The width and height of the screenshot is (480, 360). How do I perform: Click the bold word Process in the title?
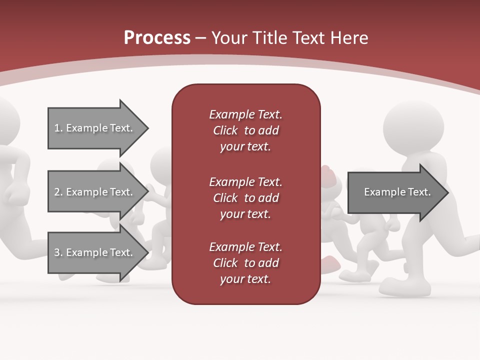(157, 37)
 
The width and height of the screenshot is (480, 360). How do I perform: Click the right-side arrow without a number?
(397, 192)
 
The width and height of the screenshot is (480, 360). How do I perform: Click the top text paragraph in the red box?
(245, 130)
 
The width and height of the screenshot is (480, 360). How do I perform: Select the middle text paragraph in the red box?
(245, 198)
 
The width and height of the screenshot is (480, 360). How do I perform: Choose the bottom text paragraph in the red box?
(245, 263)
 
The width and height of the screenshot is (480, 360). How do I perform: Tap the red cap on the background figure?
(328, 173)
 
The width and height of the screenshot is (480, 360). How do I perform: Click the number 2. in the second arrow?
(58, 192)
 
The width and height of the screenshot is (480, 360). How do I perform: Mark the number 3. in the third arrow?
(58, 252)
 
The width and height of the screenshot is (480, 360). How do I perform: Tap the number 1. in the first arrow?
(58, 128)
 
